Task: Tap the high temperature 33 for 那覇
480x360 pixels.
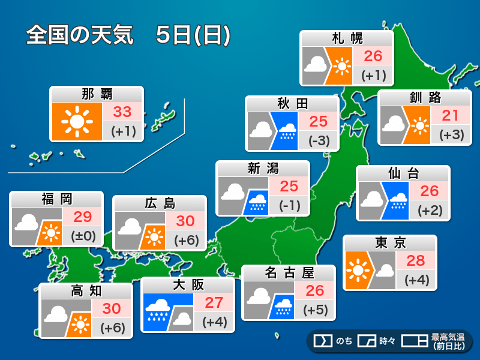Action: (122, 112)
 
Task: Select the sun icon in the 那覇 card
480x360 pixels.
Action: (76, 122)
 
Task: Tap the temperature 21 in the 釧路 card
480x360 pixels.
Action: (451, 115)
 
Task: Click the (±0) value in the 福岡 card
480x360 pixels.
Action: (82, 236)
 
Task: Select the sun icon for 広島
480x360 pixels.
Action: (155, 238)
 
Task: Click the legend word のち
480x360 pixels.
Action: (343, 341)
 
